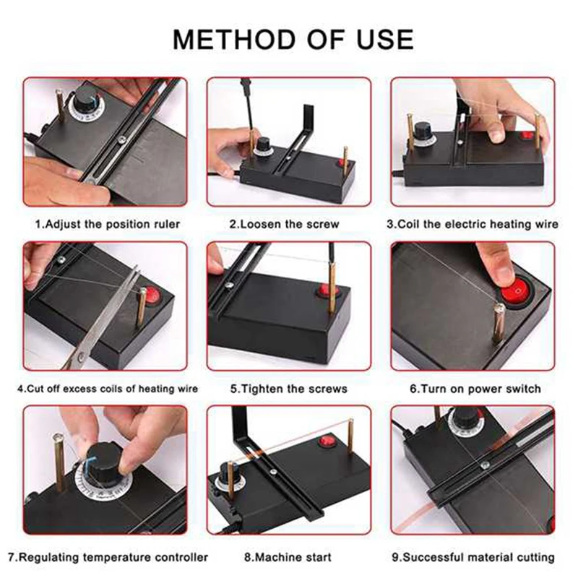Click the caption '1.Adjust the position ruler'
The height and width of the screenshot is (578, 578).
(x=108, y=224)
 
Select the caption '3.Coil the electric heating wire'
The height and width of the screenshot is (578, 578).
(x=473, y=224)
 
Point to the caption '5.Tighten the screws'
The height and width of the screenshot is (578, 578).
(x=289, y=389)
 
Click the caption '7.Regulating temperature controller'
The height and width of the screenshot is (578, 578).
(x=108, y=557)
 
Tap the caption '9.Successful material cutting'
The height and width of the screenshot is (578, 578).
(x=473, y=557)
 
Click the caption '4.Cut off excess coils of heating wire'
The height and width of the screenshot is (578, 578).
(x=108, y=389)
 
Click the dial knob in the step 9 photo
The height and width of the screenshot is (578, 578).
(x=465, y=419)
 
